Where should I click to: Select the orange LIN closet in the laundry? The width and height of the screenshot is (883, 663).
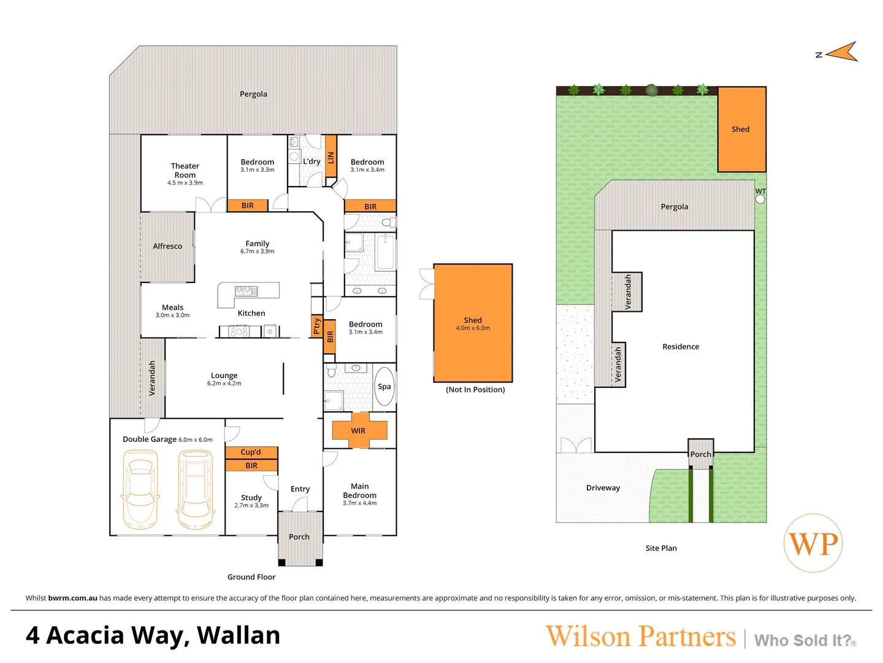coord(331,157)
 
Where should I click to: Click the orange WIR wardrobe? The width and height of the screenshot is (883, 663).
coord(359,430)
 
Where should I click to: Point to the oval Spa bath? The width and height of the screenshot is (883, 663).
coord(384,386)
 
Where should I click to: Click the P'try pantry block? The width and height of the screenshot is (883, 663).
coord(316,326)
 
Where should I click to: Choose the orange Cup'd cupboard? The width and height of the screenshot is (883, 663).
coord(251,452)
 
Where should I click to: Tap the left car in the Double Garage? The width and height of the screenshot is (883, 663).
coord(140,489)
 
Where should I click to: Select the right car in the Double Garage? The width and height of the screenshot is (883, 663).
coord(196,489)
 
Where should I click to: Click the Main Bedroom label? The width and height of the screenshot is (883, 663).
coord(360,490)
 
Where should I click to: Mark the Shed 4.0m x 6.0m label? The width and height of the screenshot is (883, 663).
coord(473,324)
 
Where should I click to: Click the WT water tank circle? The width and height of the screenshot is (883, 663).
coord(760,199)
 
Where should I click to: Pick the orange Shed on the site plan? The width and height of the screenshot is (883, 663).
coord(741,130)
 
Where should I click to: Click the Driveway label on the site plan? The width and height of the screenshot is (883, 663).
coord(603,488)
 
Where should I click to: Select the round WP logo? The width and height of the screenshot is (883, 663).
coord(813,543)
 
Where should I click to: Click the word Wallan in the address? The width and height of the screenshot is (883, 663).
coord(239,635)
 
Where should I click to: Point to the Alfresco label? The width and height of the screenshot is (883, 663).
coord(167,246)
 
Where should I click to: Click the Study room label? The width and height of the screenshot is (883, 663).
coord(251,498)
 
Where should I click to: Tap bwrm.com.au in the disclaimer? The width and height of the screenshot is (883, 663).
coord(72,598)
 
